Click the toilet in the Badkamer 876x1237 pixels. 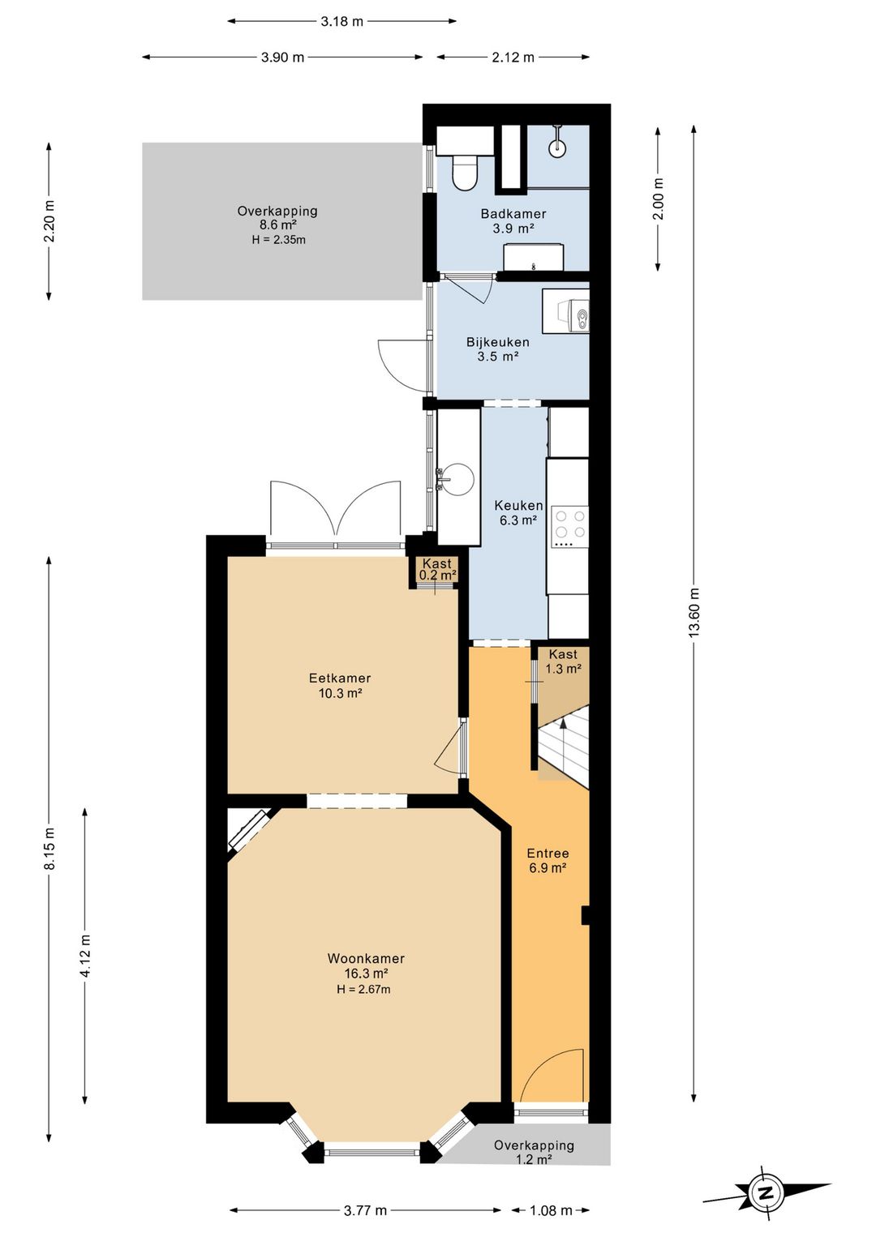tap(464, 173)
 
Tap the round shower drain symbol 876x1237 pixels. tap(556, 148)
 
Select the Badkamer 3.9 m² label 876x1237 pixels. tap(513, 220)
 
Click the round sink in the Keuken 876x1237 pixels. tap(460, 477)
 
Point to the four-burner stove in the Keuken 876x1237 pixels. tap(570, 524)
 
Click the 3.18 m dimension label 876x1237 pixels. tap(341, 22)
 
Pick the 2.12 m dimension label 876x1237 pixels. tap(513, 57)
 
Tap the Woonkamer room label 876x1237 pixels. tap(366, 959)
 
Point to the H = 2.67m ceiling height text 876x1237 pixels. tap(363, 990)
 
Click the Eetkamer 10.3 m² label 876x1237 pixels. tap(340, 685)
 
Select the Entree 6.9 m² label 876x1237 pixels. tap(547, 860)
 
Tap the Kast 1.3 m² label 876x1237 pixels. tap(563, 661)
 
